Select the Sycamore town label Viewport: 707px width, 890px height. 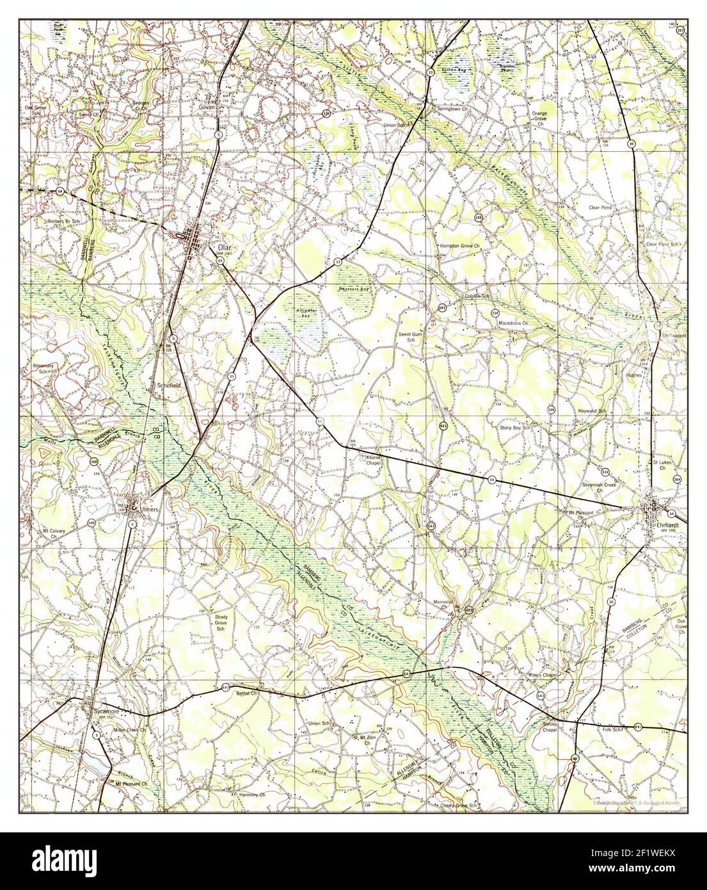click(99, 711)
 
